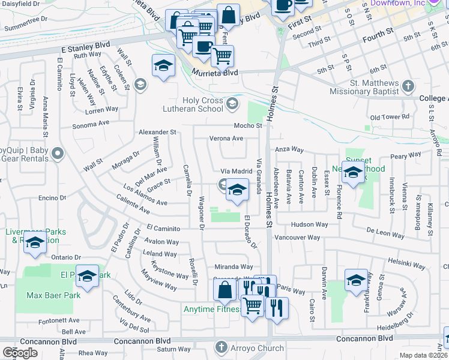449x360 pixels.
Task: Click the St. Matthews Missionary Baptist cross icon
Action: tap(408, 86)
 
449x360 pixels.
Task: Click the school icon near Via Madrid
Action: tap(237, 191)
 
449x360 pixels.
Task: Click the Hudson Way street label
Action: tap(309, 224)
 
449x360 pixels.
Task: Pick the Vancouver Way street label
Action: tap(297, 238)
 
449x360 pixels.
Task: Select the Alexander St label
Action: tap(157, 131)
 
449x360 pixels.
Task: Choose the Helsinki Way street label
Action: tap(406, 265)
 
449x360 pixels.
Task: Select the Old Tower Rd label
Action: tap(389, 117)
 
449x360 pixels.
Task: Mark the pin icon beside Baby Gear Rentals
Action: tap(58, 154)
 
